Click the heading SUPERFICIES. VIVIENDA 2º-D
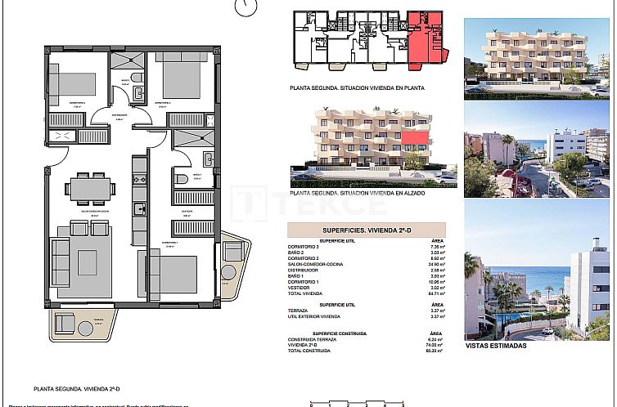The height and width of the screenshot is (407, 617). click(x=365, y=230)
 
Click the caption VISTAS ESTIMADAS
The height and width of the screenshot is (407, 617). click(x=495, y=346)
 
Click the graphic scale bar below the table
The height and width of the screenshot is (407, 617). click(x=358, y=401)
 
